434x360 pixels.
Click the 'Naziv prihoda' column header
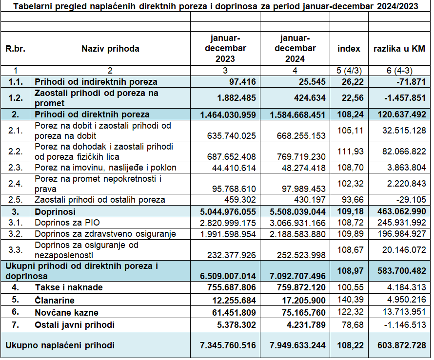(x=110, y=49)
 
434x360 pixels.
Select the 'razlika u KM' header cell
(x=399, y=49)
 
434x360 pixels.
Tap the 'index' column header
(x=349, y=49)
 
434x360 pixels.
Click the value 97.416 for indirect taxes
(x=242, y=82)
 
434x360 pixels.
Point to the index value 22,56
(x=353, y=98)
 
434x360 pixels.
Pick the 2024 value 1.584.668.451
(x=297, y=114)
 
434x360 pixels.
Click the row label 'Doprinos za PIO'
(x=67, y=223)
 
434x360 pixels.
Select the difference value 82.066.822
(x=404, y=152)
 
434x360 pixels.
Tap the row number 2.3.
(x=15, y=168)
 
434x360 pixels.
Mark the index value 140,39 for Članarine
(x=351, y=300)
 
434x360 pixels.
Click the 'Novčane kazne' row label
(x=66, y=313)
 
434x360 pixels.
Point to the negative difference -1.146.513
(x=405, y=324)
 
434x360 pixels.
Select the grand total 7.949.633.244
(x=297, y=345)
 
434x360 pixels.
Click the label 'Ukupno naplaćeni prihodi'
(x=60, y=345)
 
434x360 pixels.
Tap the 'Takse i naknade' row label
(x=69, y=287)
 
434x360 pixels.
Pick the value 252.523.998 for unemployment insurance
(x=301, y=255)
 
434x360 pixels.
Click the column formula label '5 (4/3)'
(x=349, y=71)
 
